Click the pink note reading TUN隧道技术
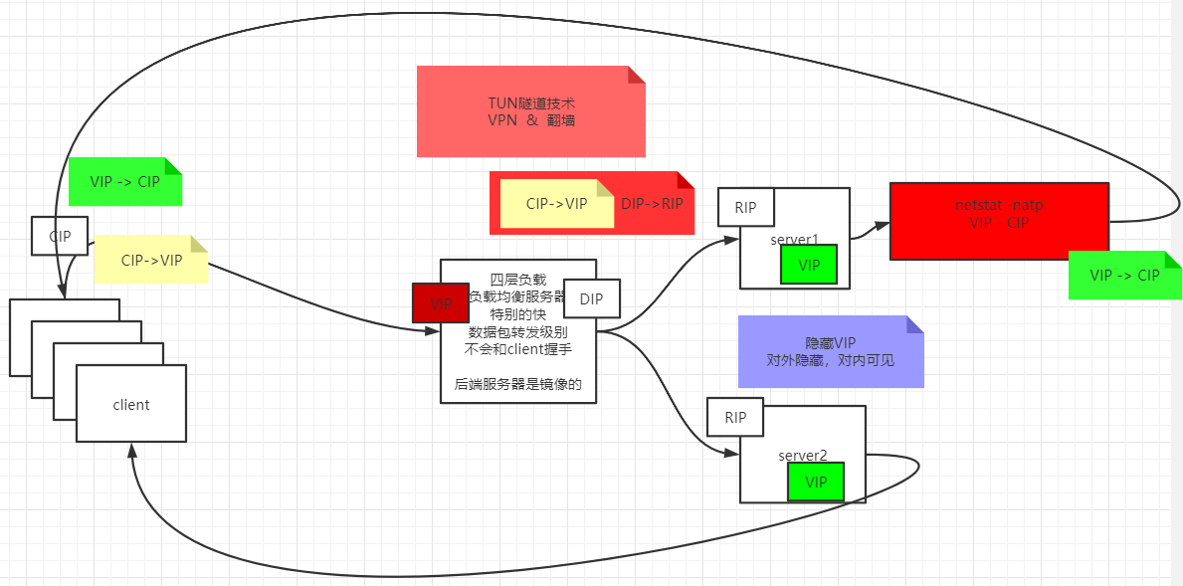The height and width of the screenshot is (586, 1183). tap(530, 111)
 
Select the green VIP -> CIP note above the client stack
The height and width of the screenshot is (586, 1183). tap(125, 182)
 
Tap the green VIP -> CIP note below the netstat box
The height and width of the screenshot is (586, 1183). tap(1124, 276)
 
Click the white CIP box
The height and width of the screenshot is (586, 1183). tap(60, 237)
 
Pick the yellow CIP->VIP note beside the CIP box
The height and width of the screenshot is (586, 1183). tap(151, 261)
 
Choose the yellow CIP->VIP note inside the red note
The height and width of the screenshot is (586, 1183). tap(556, 204)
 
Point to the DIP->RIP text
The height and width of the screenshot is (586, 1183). tap(653, 204)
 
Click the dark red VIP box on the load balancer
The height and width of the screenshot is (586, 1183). tap(440, 302)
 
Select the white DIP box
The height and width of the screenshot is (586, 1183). tap(591, 298)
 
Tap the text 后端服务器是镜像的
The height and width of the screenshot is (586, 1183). tap(517, 384)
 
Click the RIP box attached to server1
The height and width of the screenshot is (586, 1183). tap(745, 208)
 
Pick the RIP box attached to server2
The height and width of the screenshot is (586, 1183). tap(734, 418)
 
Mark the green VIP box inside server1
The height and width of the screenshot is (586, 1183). tap(809, 265)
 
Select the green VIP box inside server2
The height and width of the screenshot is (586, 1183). tap(816, 482)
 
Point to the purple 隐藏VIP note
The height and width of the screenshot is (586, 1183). tap(831, 351)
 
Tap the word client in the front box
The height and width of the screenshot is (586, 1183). tap(131, 404)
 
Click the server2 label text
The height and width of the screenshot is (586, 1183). tap(802, 456)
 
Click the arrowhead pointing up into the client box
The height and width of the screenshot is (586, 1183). tap(131, 451)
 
